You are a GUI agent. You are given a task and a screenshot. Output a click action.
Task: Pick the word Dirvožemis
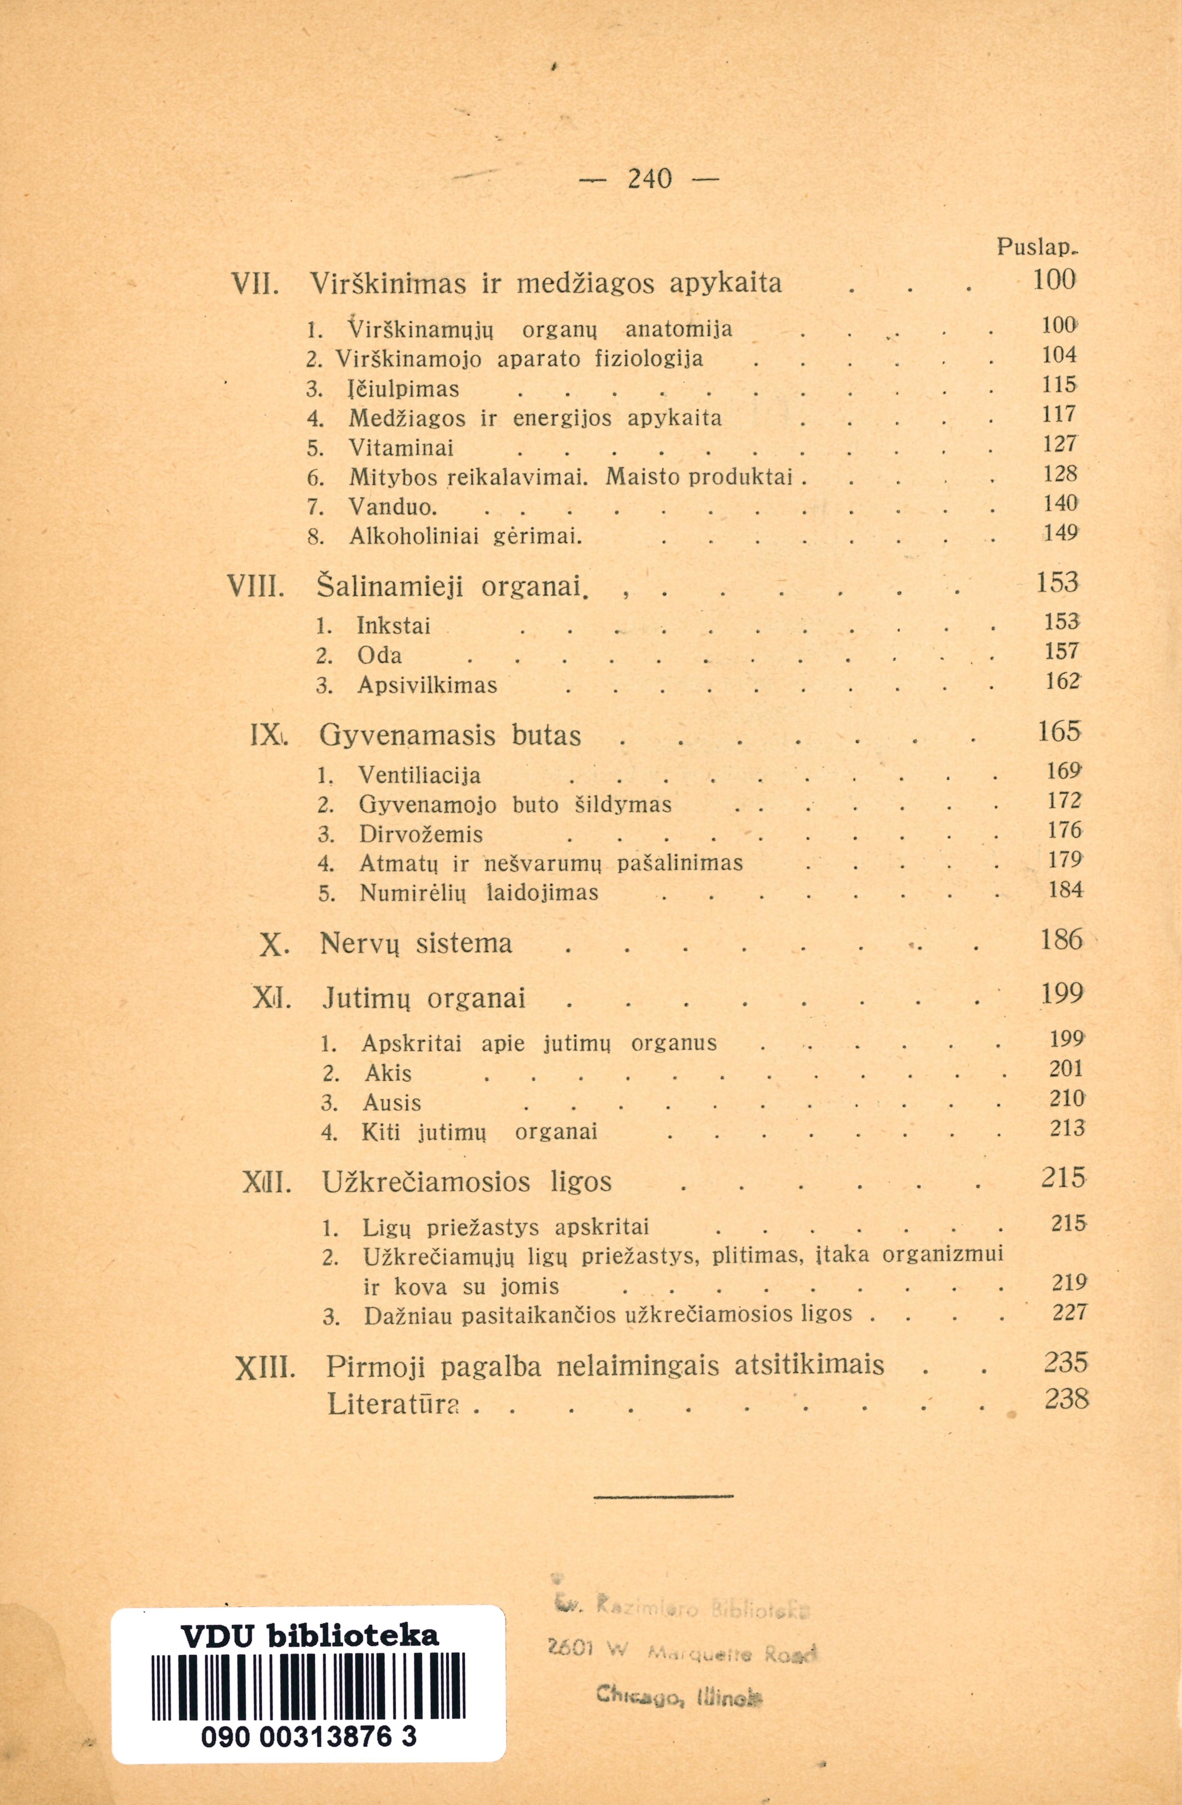(421, 834)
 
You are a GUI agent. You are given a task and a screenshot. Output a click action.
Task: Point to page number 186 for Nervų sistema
(1060, 941)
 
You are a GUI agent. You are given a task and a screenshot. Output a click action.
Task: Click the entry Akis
(388, 1073)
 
